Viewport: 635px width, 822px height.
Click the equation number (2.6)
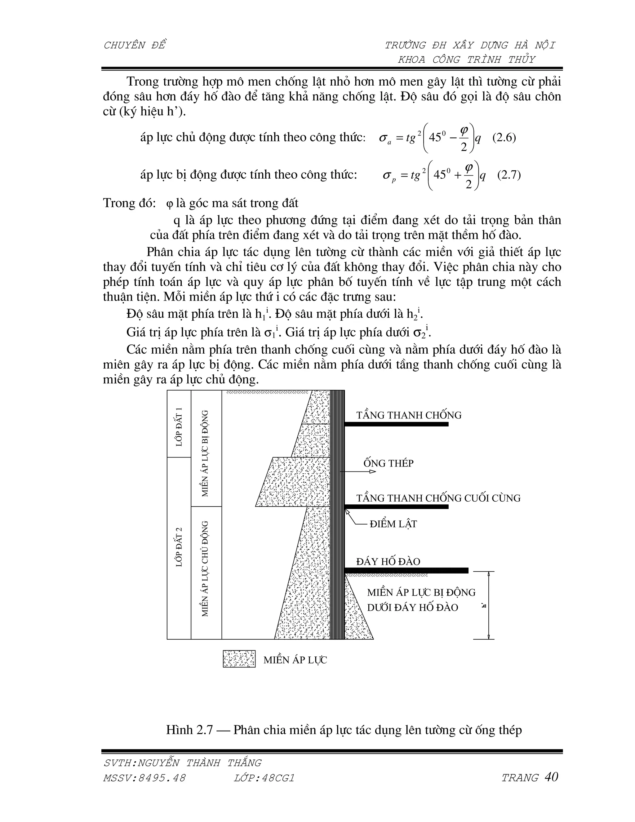[x=504, y=137]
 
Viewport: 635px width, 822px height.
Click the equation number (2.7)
[x=509, y=175]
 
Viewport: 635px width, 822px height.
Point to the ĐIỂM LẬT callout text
[x=393, y=524]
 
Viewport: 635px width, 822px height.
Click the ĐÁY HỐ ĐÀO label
[x=388, y=561]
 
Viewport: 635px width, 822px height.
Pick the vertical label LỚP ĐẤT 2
[x=179, y=547]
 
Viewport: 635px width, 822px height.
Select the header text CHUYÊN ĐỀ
[x=135, y=45]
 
